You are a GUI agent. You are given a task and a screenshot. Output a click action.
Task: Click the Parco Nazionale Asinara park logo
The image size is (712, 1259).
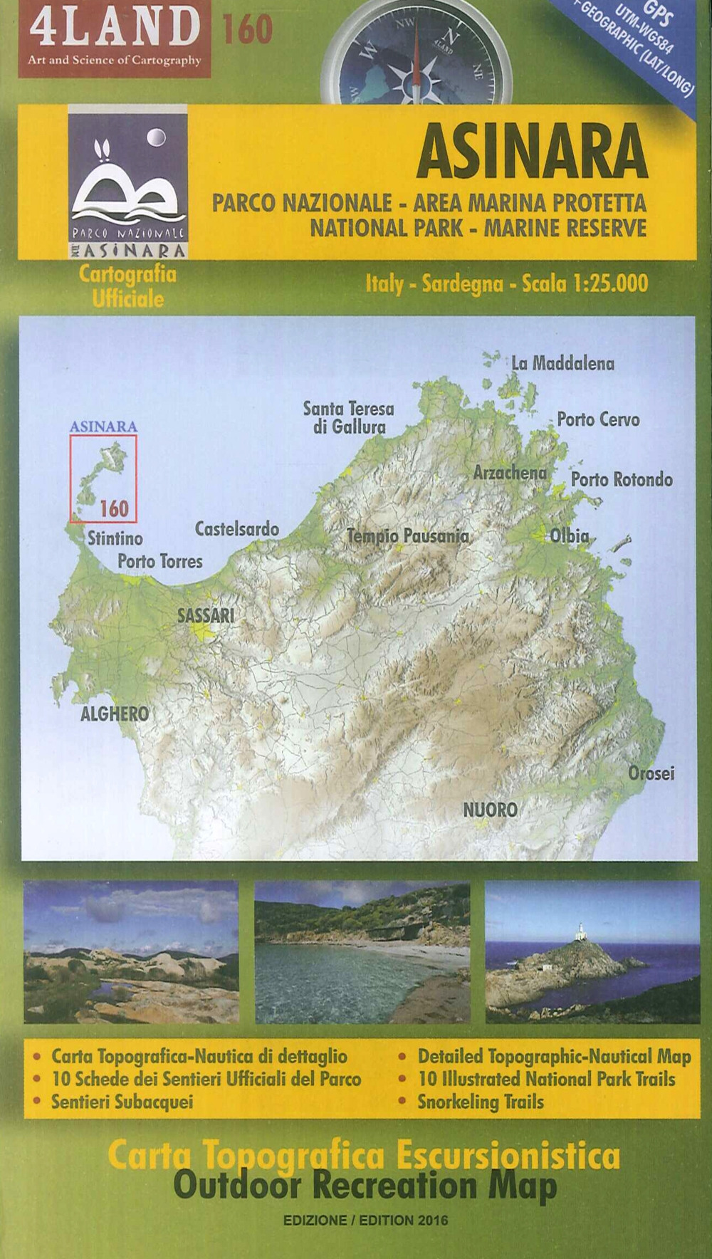coord(128,182)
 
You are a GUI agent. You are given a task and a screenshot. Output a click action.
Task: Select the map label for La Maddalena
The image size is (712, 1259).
coord(562,363)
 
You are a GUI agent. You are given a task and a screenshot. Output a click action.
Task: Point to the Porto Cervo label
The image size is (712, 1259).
coord(598,419)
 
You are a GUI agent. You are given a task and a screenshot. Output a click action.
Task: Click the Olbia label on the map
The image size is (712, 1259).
coord(570,536)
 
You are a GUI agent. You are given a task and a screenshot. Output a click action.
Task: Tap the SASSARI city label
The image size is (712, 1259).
coord(206,616)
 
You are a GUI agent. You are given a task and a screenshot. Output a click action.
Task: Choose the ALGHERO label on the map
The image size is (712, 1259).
coord(115,713)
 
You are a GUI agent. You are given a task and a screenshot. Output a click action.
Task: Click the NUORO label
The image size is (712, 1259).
coord(491,810)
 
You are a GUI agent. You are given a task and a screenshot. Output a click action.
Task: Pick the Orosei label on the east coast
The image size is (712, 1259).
coord(651,773)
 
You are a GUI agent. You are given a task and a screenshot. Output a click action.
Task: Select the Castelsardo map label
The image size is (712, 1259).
coord(237,530)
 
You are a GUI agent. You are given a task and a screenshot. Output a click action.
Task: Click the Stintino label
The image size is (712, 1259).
coord(115,538)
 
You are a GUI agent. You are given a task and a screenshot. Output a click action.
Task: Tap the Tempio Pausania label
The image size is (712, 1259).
coord(407,536)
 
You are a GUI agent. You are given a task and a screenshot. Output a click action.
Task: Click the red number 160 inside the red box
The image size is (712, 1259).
coord(114,508)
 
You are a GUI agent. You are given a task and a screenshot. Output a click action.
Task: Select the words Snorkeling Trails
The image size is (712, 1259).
coord(481,1102)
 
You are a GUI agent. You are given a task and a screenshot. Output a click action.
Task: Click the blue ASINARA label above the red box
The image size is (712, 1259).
coord(103,427)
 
